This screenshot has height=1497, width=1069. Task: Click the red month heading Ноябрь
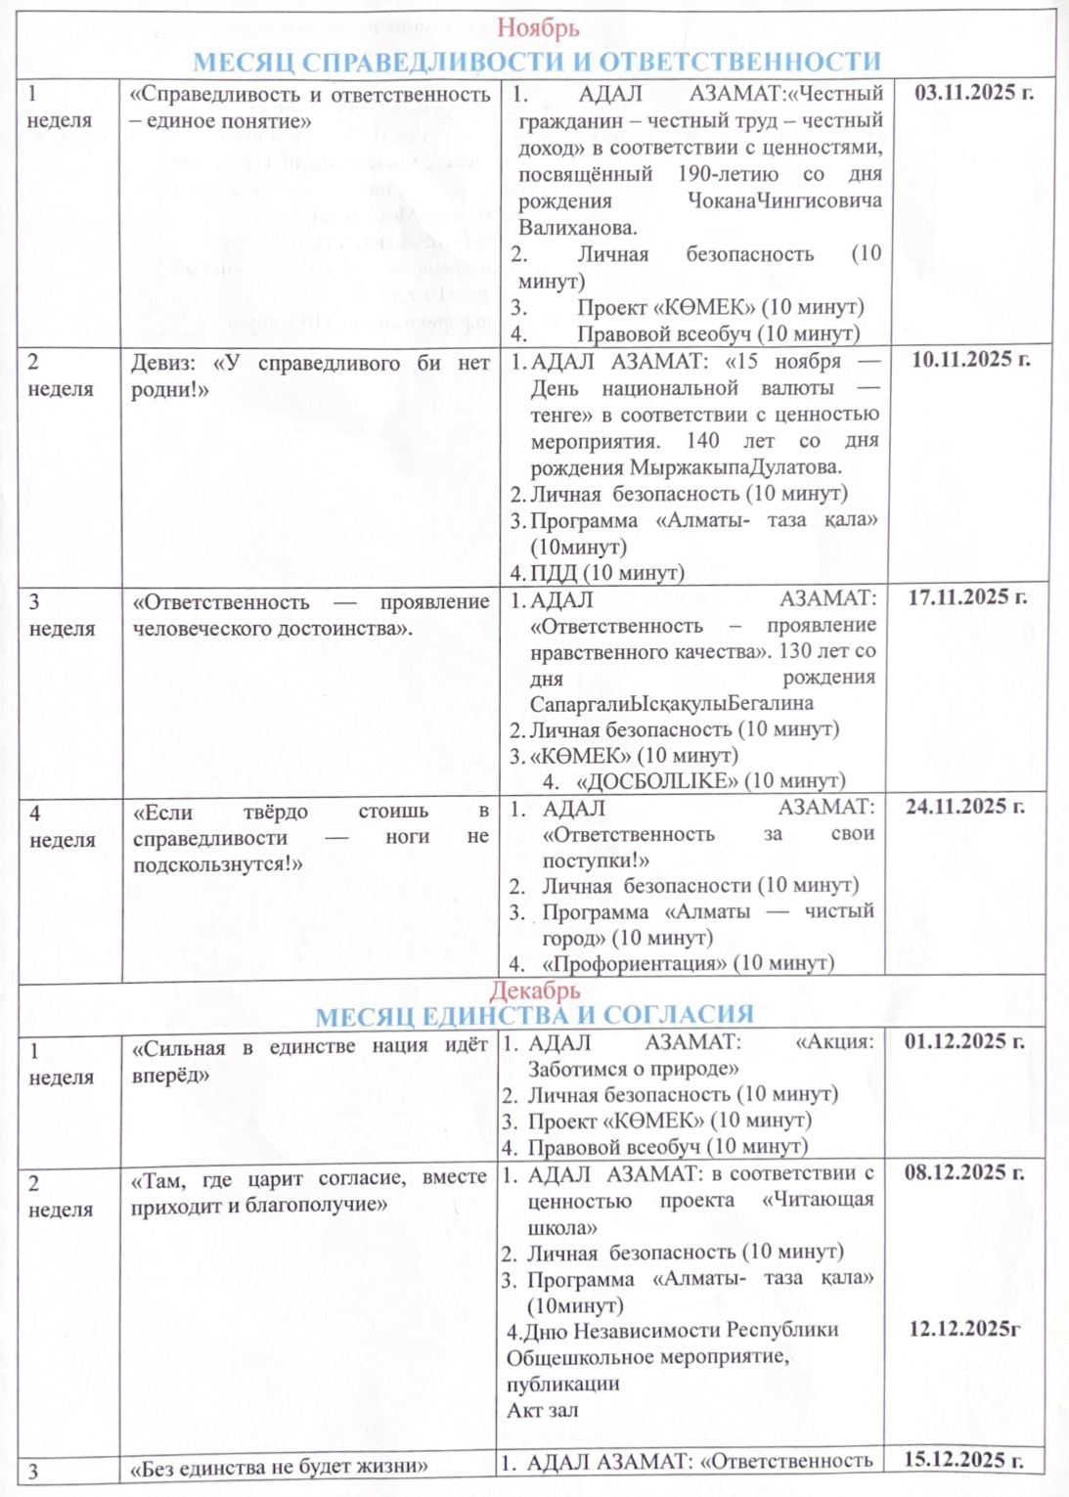[537, 28]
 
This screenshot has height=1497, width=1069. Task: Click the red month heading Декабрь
[535, 991]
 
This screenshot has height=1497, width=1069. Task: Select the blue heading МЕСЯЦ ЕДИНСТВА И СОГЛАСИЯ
[535, 1016]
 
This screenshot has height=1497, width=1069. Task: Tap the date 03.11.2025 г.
[973, 94]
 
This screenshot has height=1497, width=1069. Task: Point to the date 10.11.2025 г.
[970, 360]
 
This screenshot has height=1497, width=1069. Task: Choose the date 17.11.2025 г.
[967, 597]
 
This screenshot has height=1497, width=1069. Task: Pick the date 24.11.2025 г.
[964, 808]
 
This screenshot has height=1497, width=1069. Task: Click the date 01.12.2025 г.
[964, 1042]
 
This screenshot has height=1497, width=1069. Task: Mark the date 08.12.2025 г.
[964, 1172]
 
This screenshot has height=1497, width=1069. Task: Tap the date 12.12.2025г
[964, 1329]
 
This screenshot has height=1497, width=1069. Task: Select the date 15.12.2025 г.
[963, 1460]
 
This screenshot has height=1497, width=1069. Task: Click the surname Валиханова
[577, 228]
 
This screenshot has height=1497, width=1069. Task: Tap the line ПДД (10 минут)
[606, 572]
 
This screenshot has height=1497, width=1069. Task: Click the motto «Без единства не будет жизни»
[280, 1468]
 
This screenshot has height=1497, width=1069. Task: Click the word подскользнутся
[217, 864]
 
